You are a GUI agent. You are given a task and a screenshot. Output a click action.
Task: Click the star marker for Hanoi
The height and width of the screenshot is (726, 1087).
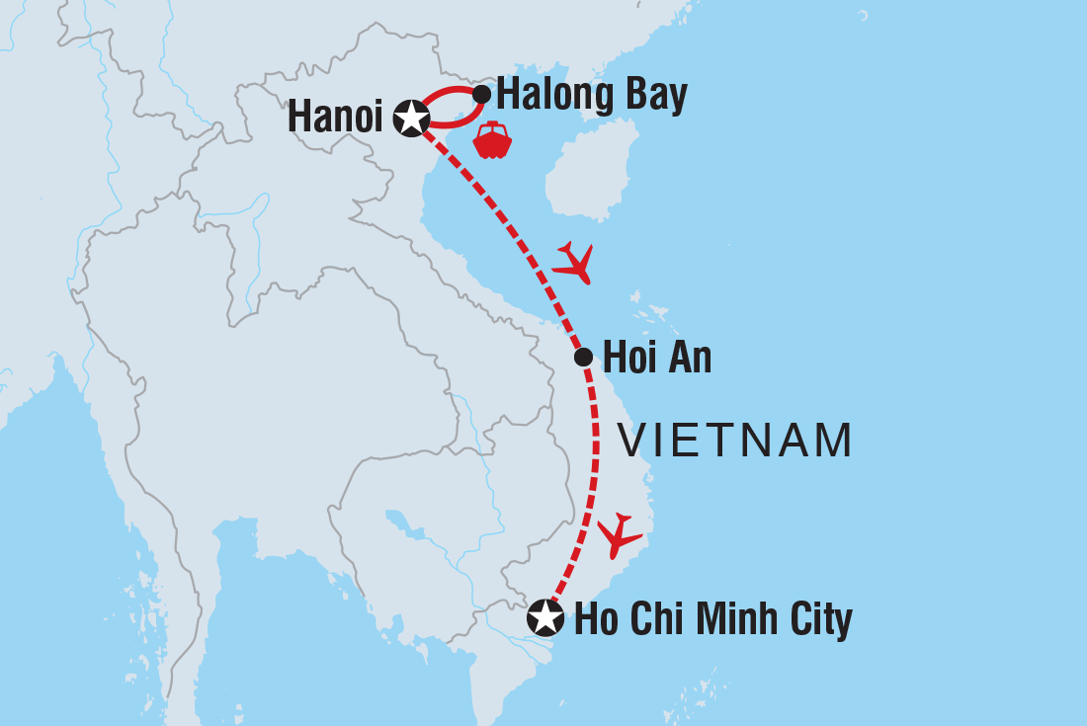coord(410,119)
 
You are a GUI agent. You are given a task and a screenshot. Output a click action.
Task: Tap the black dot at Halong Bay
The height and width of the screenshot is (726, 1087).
coord(481,95)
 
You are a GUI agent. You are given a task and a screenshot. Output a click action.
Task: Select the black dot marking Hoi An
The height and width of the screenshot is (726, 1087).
coord(583,357)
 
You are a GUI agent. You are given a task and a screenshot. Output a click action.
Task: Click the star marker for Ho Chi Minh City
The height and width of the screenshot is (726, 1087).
coord(544,618)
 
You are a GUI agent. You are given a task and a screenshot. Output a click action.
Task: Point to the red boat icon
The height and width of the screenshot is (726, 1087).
coord(492,140)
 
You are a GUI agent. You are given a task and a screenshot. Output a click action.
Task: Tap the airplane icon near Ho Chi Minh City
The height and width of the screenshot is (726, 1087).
coord(619,534)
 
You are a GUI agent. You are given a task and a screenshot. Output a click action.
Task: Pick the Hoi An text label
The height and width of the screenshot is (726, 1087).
coord(657,358)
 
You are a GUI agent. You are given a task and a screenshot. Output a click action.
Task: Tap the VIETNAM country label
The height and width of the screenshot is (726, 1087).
coord(735,441)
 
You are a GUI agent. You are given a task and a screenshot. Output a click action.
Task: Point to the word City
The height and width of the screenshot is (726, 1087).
coord(820,619)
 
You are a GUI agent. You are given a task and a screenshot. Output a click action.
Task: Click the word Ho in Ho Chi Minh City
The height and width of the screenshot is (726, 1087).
coord(597,619)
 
